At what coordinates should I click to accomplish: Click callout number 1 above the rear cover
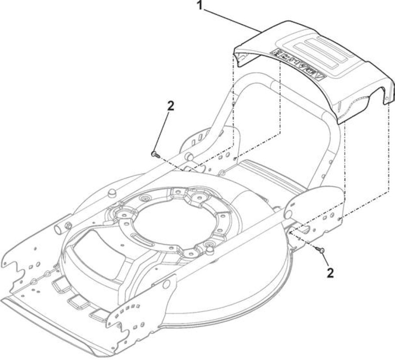pos(200,5)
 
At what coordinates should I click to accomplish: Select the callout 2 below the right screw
pos(330,273)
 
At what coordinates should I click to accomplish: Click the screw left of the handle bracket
pos(155,154)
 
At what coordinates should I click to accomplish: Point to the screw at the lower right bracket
pos(320,250)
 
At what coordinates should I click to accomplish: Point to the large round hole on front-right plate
pos(166,284)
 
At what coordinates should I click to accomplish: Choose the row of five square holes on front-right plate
pos(127,309)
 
